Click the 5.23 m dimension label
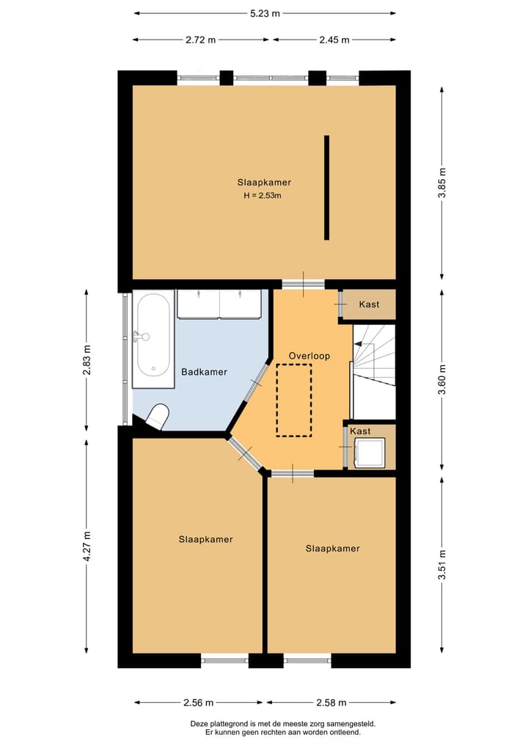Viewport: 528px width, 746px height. [264, 13]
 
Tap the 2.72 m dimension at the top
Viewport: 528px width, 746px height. [201, 40]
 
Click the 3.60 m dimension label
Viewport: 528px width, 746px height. [442, 379]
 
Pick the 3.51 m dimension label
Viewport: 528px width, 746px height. [442, 565]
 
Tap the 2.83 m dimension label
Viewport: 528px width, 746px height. [87, 359]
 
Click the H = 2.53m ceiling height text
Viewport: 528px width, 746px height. [263, 195]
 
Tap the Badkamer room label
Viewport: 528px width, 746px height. [204, 372]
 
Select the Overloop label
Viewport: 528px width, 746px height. [309, 356]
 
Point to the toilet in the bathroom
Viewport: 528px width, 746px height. [157, 417]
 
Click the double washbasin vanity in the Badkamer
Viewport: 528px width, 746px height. [219, 304]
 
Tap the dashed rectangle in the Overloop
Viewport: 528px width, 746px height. [294, 400]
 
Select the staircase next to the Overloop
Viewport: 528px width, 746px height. [374, 359]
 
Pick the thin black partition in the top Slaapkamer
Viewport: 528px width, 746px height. [326, 188]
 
